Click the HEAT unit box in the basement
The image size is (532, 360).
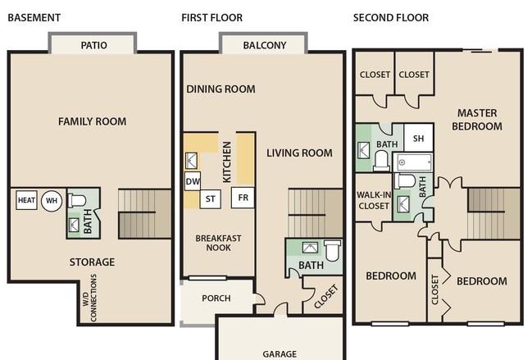[26, 200]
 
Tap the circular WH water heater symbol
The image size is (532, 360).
[52, 201]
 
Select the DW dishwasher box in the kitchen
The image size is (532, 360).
[193, 181]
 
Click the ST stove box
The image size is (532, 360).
[211, 198]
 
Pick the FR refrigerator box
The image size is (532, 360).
[243, 198]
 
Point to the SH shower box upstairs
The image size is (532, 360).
[419, 138]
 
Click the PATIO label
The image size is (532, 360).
[93, 45]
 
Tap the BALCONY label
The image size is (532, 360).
[265, 45]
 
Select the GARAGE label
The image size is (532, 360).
[280, 354]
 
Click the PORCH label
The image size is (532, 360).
[216, 298]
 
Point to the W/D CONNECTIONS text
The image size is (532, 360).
[89, 298]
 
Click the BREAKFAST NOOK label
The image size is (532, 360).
[219, 243]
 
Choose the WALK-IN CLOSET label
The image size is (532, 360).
[374, 200]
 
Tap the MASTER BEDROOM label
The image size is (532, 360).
[477, 120]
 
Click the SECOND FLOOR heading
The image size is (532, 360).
[391, 18]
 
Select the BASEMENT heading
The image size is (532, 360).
[34, 18]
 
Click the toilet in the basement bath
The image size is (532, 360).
[77, 200]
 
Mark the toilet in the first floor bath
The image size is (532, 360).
[332, 251]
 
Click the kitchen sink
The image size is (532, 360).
[191, 161]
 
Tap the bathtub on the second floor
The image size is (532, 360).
[413, 162]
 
